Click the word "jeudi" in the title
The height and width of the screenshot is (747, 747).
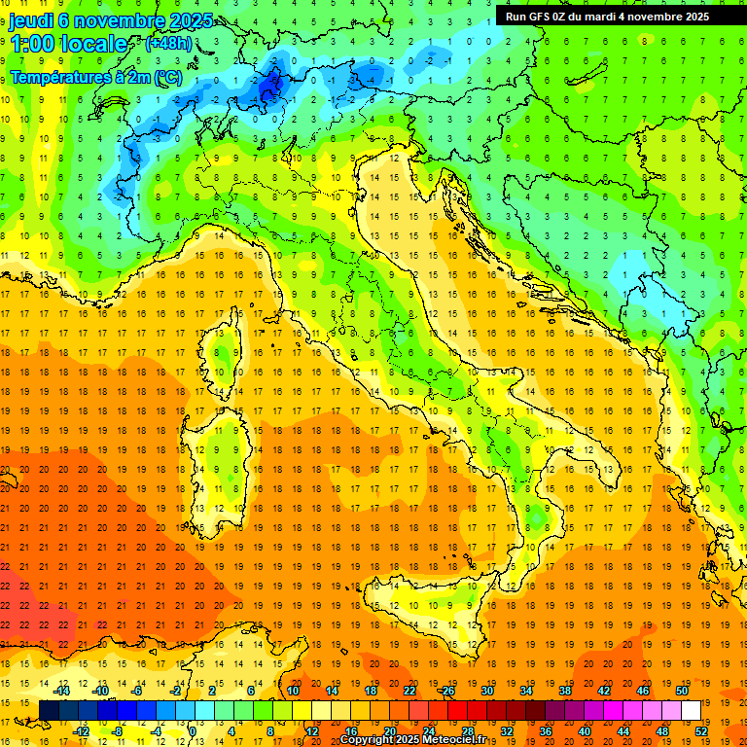click(x=31, y=20)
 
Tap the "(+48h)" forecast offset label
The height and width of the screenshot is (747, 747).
click(x=167, y=44)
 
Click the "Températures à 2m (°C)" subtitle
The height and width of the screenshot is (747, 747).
click(x=95, y=77)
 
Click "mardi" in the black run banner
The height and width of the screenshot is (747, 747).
click(x=599, y=17)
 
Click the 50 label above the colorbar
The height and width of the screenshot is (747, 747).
click(x=681, y=691)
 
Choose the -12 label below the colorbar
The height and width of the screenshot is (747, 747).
click(x=82, y=731)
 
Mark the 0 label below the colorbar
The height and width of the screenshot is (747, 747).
click(x=193, y=731)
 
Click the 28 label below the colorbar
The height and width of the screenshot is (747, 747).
click(x=468, y=731)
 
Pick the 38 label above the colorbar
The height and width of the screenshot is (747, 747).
click(x=564, y=691)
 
